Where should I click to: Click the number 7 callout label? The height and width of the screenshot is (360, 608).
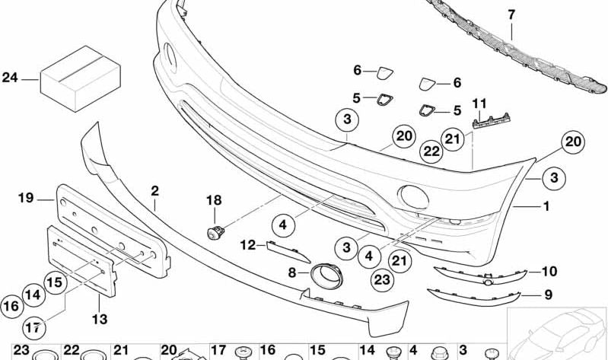(x=511, y=13)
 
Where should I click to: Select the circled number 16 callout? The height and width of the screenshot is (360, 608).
(x=11, y=306)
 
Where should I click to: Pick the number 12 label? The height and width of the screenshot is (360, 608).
(x=249, y=245)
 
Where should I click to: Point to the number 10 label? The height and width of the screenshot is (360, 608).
(x=549, y=271)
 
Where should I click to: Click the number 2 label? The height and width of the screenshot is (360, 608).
(x=154, y=191)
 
